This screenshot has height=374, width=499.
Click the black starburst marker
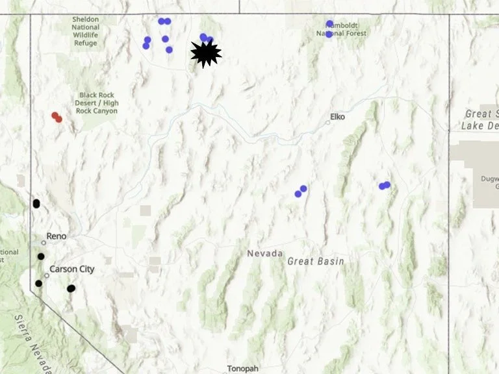(206, 53)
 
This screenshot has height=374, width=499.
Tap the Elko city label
(337, 117)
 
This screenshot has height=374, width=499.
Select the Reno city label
(57, 236)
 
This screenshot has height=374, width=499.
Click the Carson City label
(72, 269)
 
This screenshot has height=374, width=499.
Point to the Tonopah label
(242, 368)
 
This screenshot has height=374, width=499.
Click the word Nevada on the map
(264, 253)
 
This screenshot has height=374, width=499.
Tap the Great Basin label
(315, 261)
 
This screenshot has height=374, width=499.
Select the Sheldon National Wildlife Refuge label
(85, 31)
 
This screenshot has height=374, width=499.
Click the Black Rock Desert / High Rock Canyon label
(97, 103)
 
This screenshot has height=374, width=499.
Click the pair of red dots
(57, 117)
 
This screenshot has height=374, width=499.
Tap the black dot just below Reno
(41, 256)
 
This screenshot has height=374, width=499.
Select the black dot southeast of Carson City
(71, 288)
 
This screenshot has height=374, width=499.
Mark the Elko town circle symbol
(328, 122)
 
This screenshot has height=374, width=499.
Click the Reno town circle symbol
(44, 242)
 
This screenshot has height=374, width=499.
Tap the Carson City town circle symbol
(47, 275)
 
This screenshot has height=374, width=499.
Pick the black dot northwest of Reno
(36, 204)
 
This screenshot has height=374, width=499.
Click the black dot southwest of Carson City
(38, 283)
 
